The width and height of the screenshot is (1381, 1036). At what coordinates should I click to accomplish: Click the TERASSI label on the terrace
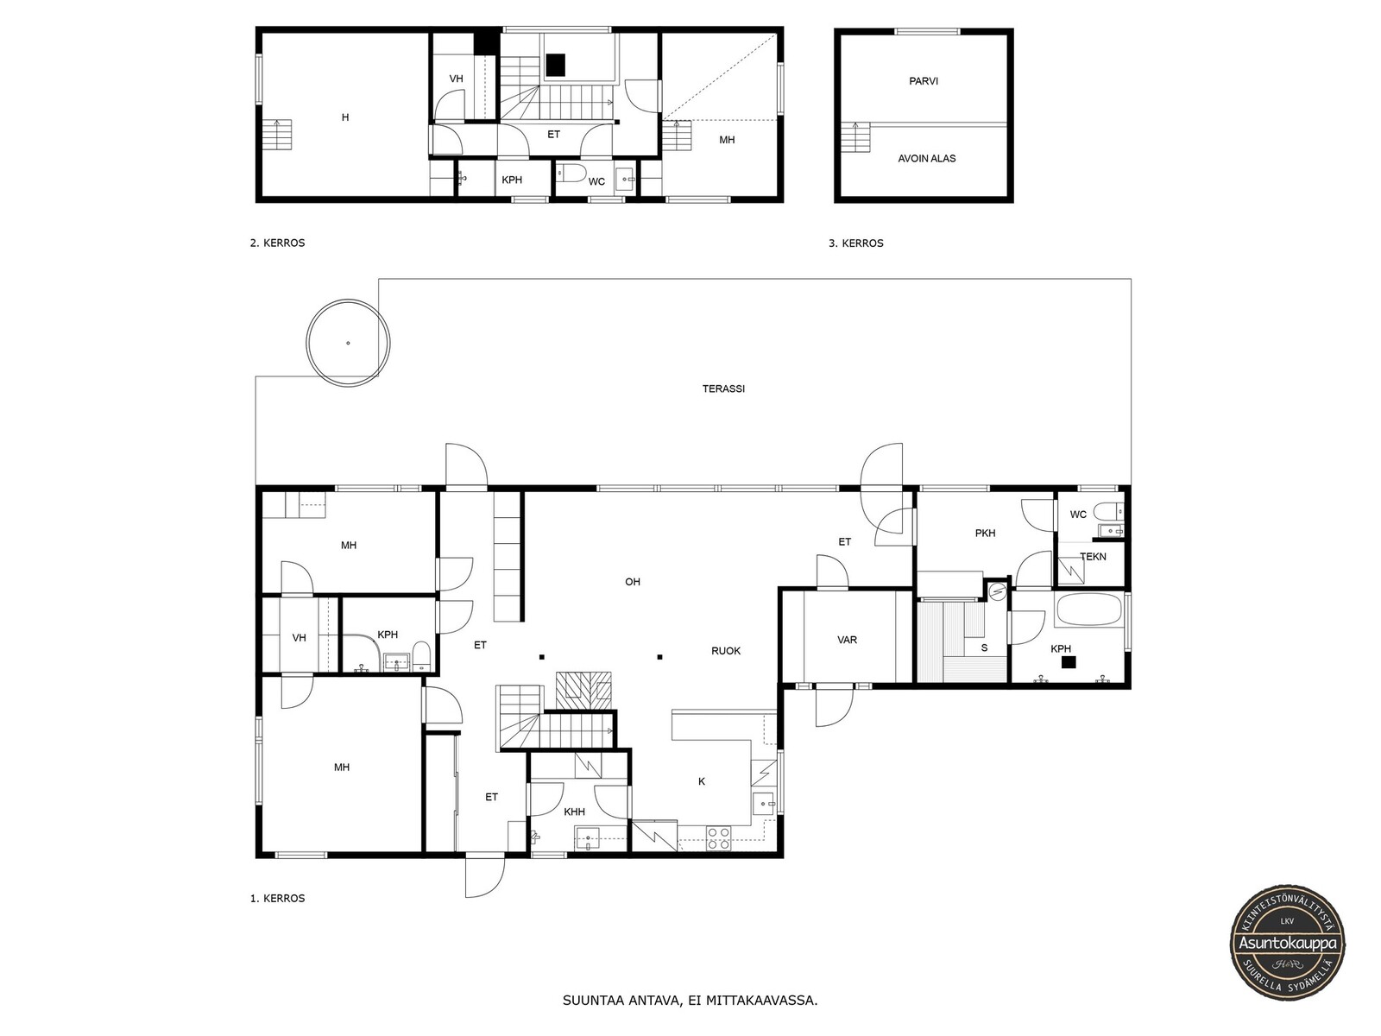pyautogui.click(x=723, y=388)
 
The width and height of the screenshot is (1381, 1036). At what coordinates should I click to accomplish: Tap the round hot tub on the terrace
pyautogui.click(x=348, y=343)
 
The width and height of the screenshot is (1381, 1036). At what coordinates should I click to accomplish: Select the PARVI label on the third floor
pyautogui.click(x=923, y=81)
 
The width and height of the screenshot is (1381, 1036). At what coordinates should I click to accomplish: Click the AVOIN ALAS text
pyautogui.click(x=926, y=159)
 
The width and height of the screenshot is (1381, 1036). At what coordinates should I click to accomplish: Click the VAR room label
pyautogui.click(x=847, y=640)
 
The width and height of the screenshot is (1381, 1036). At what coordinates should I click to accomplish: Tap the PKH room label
pyautogui.click(x=985, y=533)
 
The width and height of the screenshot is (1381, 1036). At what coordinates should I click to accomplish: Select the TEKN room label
pyautogui.click(x=1093, y=556)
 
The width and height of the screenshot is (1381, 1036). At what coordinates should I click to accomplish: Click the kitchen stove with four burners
pyautogui.click(x=718, y=838)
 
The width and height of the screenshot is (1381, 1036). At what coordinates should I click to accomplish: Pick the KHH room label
pyautogui.click(x=574, y=812)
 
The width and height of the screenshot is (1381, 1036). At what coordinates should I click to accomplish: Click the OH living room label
pyautogui.click(x=633, y=582)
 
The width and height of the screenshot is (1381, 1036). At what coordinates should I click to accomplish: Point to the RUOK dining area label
pyautogui.click(x=725, y=651)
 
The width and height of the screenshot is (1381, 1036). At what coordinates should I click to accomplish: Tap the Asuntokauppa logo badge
pyautogui.click(x=1287, y=944)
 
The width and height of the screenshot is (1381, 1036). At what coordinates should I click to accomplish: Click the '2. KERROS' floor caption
pyautogui.click(x=277, y=243)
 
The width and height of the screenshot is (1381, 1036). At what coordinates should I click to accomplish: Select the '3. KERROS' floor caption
pyautogui.click(x=855, y=243)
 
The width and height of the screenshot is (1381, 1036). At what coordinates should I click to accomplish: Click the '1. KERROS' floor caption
pyautogui.click(x=277, y=898)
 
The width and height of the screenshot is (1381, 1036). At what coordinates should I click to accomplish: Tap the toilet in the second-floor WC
pyautogui.click(x=572, y=173)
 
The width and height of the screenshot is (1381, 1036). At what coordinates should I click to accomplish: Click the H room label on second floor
pyautogui.click(x=344, y=117)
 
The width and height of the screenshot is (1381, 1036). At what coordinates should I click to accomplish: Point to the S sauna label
pyautogui.click(x=984, y=647)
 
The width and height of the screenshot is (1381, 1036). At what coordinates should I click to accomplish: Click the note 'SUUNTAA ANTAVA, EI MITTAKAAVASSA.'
pyautogui.click(x=690, y=1001)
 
